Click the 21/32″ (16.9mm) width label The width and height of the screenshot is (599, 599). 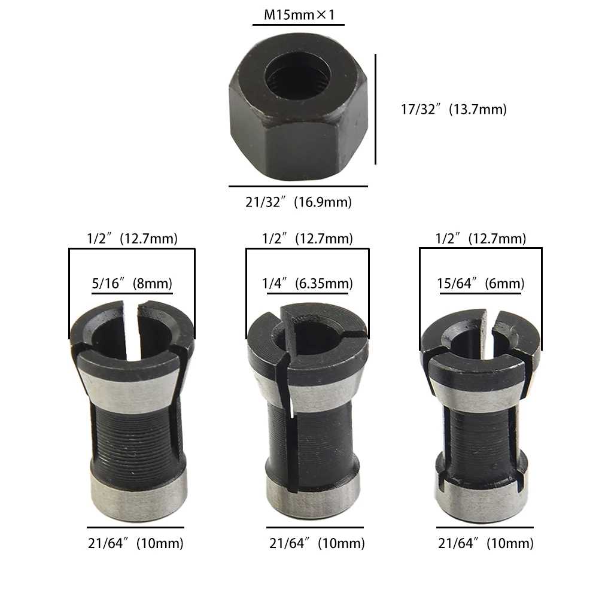click(298, 202)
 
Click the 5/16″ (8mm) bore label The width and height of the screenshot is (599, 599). click(132, 284)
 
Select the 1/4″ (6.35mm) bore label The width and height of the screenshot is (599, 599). click(307, 284)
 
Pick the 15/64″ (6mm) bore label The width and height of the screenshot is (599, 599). click(482, 284)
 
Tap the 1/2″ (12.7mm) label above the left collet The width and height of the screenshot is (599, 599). click(132, 239)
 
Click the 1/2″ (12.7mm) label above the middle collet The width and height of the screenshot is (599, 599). click(307, 239)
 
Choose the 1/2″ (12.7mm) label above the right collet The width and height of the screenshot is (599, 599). click(481, 239)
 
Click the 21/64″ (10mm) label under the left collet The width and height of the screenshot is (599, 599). click(136, 543)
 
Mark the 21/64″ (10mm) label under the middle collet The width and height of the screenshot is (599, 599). click(316, 543)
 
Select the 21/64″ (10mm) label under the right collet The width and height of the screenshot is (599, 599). click(485, 543)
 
